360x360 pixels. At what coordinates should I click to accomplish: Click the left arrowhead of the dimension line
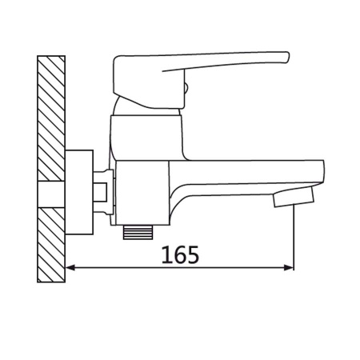(x=70, y=269)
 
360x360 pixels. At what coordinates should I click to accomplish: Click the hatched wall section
(x=51, y=169)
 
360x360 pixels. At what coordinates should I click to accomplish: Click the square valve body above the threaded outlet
(x=142, y=190)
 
